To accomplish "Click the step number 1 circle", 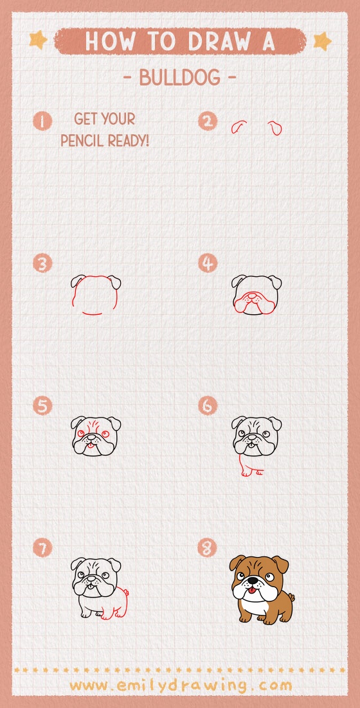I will pos(43,121).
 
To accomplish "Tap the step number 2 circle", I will pos(208,121).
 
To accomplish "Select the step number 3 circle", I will pos(43,263).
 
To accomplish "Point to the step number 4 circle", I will pos(208,263).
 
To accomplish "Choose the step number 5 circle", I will pos(43,406).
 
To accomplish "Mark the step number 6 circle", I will pos(208,406).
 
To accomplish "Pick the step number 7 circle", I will pos(43,549).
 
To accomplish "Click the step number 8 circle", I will pos(208,549).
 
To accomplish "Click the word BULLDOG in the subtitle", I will pos(179,78).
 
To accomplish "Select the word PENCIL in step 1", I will pos(83,140).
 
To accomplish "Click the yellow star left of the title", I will pos(38,40).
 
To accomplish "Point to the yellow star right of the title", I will pos(321,41).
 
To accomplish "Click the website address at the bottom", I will pos(180,685).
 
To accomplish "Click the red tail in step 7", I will pos(126,593).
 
